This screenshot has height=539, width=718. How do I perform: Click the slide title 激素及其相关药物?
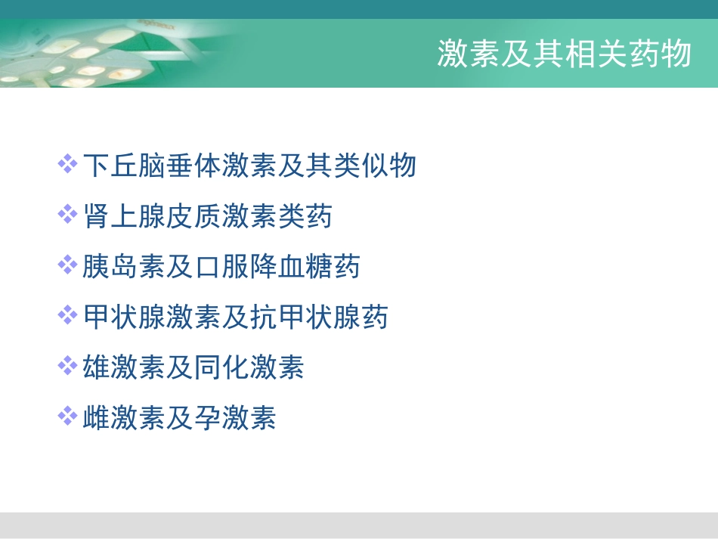pyautogui.click(x=564, y=54)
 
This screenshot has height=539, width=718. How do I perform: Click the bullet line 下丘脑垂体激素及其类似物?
pyautogui.click(x=249, y=165)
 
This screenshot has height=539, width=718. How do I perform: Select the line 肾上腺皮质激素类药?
pyautogui.click(x=207, y=216)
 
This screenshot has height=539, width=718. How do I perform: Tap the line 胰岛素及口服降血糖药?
pyautogui.click(x=221, y=266)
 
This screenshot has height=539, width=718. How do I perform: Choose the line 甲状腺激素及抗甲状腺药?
pyautogui.click(x=235, y=317)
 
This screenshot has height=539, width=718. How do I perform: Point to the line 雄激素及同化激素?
pyautogui.click(x=193, y=367)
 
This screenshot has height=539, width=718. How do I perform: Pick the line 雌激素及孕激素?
pyautogui.click(x=179, y=417)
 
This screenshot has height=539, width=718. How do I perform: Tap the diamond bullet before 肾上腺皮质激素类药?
pyautogui.click(x=68, y=215)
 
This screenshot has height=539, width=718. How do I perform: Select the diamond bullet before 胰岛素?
pyautogui.click(x=68, y=265)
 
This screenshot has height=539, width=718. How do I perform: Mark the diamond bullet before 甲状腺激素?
pyautogui.click(x=68, y=315)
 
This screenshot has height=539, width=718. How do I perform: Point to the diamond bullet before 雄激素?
pyautogui.click(x=68, y=366)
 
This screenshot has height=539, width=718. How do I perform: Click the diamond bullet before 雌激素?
pyautogui.click(x=68, y=416)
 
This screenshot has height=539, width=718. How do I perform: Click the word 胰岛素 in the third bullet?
pyautogui.click(x=124, y=266)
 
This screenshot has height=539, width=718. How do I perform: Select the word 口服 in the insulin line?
pyautogui.click(x=221, y=266)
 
